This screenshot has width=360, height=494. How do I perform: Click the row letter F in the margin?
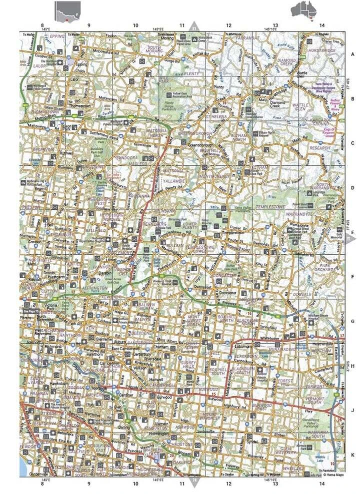tap(352, 276)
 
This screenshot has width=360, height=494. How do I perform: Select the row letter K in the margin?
tap(352, 455)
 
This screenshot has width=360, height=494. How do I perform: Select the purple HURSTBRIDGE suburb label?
tap(325, 50)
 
